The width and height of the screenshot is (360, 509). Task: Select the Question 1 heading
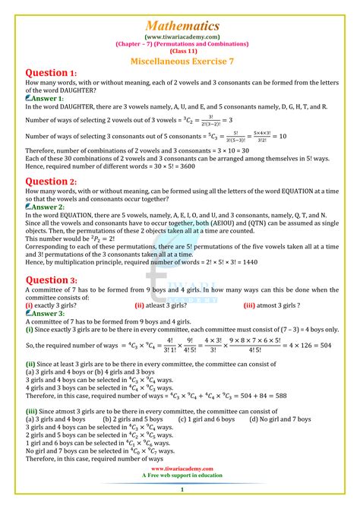tap(51, 73)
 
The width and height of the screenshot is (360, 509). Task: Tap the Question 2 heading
tap(51, 182)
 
